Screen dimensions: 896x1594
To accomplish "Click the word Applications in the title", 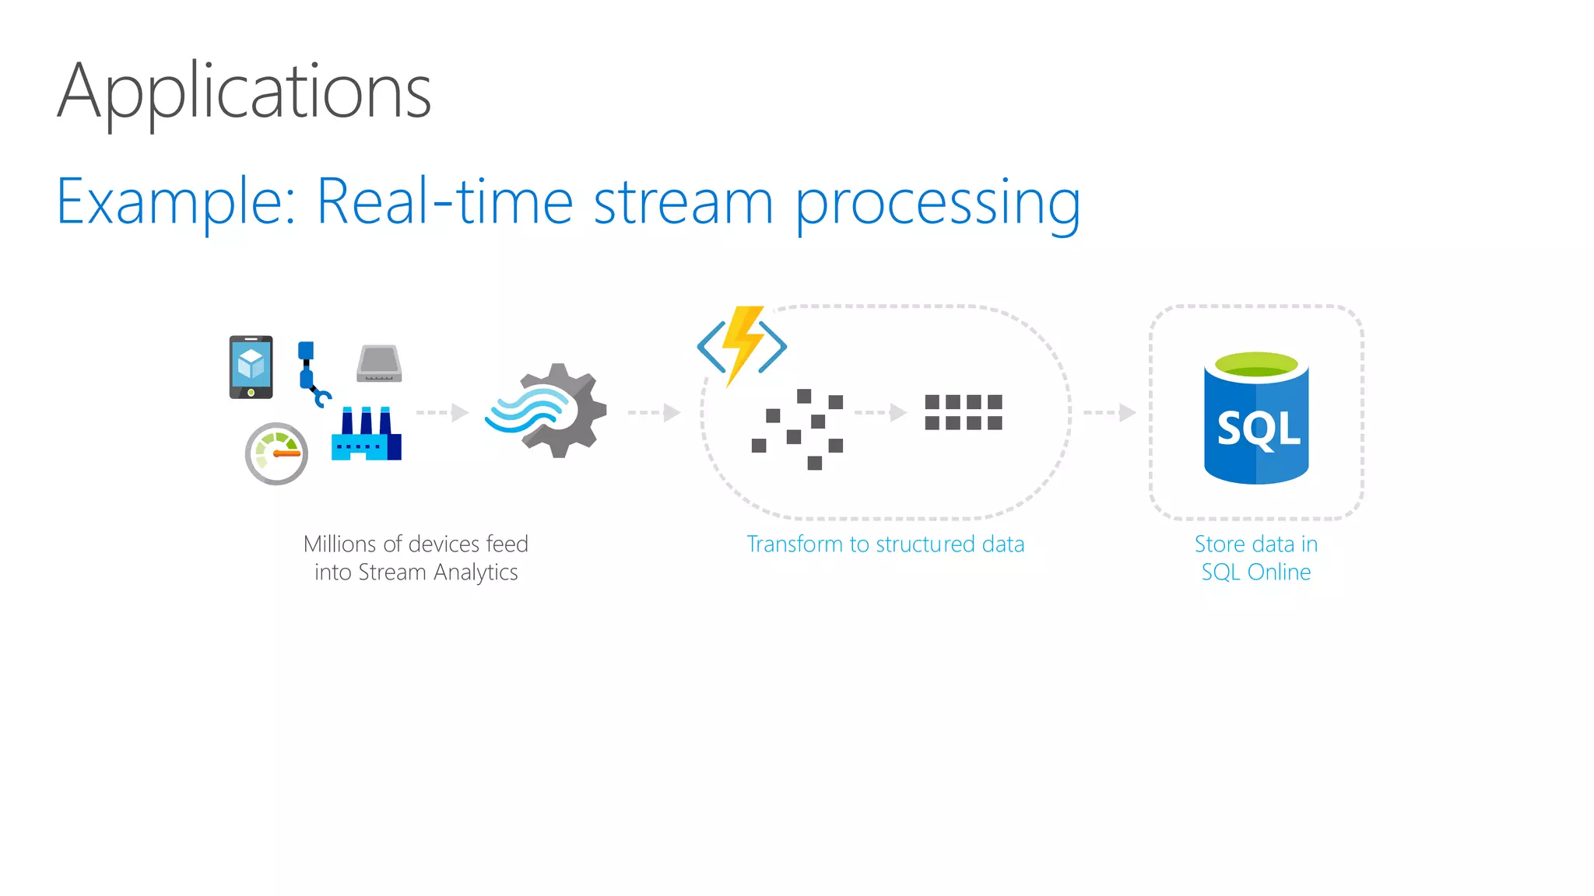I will coord(244,92).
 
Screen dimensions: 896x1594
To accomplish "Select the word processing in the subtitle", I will coord(937,204).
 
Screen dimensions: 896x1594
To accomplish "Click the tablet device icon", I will coord(251,366).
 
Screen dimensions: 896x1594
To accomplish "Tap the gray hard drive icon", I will coord(379,364).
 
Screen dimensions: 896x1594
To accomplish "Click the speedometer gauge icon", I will coord(276,453).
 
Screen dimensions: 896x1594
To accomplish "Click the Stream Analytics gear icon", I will coord(549,411).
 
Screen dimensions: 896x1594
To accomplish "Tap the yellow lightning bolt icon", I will coord(742,343).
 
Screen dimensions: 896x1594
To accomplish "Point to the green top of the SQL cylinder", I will coord(1255,364).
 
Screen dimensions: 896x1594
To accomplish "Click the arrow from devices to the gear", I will coord(442,412).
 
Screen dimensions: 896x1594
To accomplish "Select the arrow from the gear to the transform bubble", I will coord(654,412).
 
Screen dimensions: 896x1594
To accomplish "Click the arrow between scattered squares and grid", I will coord(880,412).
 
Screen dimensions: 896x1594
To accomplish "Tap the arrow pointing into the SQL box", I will coord(1109,412).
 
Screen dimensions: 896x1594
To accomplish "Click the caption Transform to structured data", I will coord(885,544).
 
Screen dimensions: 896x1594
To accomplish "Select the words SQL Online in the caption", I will coord(1255,572).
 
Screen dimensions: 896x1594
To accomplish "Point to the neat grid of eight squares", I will coord(963,412).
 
